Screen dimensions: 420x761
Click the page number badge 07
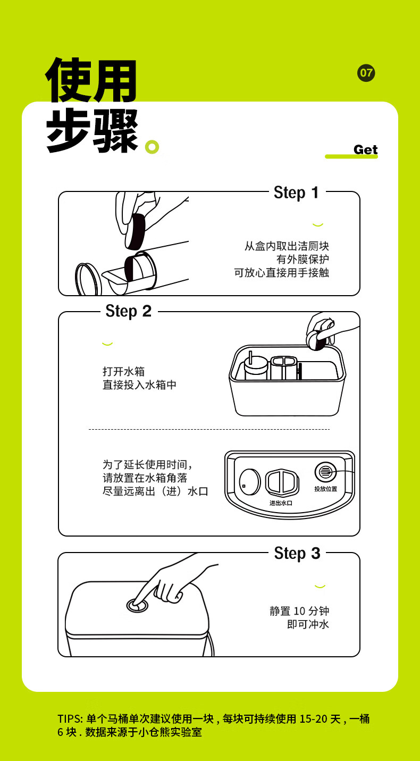coord(366,73)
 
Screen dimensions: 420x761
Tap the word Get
coord(365,149)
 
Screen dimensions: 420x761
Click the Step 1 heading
coord(297,193)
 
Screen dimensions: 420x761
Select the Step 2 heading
coord(128,311)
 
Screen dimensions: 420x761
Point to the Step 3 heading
coord(297,554)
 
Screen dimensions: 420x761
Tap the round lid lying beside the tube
coord(88,279)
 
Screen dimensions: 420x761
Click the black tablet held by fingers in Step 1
coord(135,231)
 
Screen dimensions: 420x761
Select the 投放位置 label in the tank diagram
coord(325,489)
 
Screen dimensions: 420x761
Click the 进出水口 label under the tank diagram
coord(281,503)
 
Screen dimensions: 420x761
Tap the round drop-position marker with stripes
coord(325,472)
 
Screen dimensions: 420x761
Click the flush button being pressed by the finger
coord(138,605)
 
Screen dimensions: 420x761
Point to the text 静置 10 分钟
coord(299,611)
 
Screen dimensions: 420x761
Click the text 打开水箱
coord(123,371)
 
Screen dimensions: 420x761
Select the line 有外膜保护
coord(303,259)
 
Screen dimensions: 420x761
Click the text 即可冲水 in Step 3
coord(308,624)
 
